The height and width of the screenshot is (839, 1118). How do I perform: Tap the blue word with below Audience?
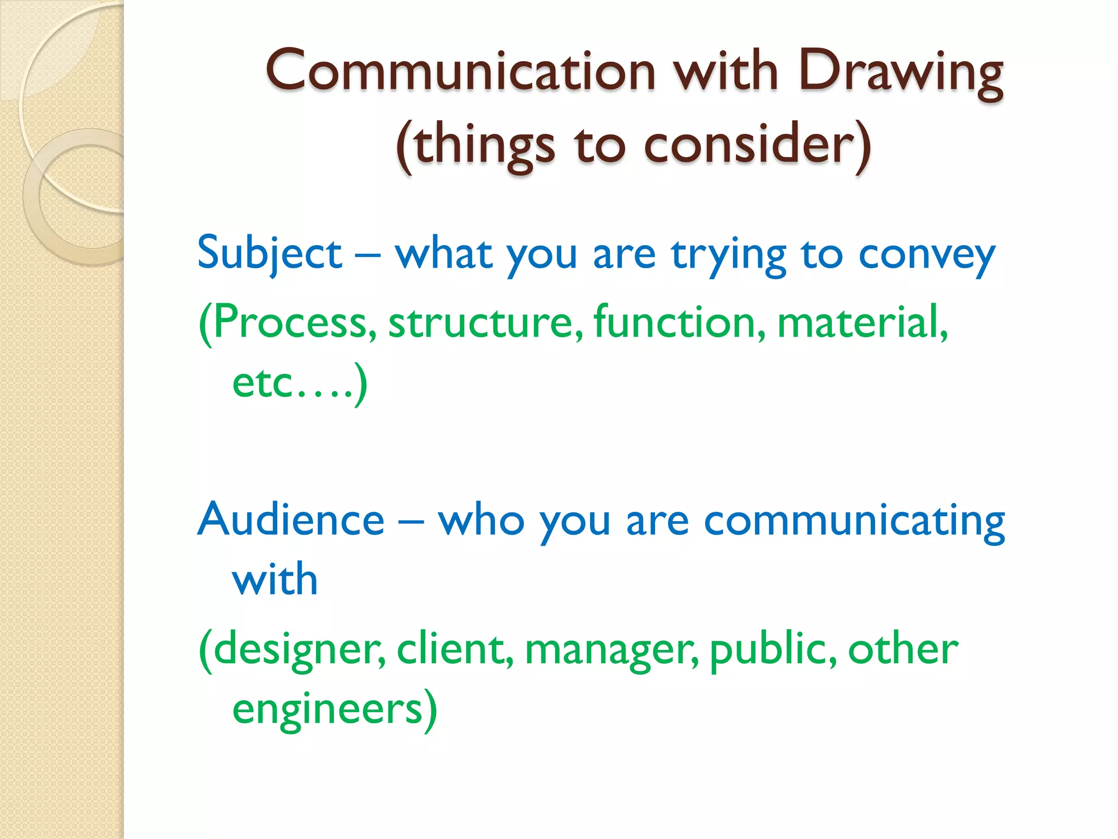click(275, 579)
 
